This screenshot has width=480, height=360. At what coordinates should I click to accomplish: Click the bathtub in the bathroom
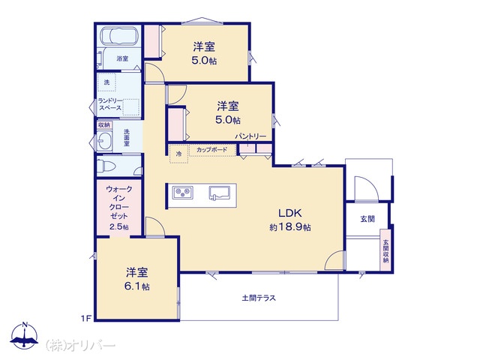click(x=118, y=36)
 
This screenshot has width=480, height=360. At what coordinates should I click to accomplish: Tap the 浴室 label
click(x=122, y=58)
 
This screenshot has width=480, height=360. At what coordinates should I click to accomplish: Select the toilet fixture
click(x=106, y=166)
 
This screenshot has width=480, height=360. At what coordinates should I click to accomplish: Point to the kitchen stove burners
click(x=182, y=192)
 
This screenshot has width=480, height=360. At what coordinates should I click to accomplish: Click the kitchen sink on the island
click(x=220, y=193)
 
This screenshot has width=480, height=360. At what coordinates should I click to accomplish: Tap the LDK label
click(x=290, y=213)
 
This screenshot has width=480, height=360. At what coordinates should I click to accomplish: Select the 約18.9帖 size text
click(x=290, y=227)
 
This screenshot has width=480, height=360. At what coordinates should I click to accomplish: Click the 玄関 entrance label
click(x=367, y=219)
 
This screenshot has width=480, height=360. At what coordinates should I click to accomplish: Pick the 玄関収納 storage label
click(x=385, y=250)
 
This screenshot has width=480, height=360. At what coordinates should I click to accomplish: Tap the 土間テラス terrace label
click(x=259, y=298)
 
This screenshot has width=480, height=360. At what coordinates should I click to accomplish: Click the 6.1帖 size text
click(x=136, y=286)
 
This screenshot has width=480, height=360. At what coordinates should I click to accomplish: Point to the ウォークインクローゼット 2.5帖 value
click(x=119, y=226)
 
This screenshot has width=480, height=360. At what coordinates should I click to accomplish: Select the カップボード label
click(x=211, y=150)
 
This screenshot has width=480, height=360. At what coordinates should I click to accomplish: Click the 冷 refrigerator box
click(x=178, y=154)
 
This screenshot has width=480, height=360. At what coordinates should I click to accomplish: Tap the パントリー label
click(x=250, y=136)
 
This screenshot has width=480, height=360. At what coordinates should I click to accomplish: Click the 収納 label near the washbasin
click(x=104, y=125)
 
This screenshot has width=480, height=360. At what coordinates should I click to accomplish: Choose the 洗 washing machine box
click(x=106, y=82)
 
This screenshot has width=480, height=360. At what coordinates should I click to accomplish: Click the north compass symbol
click(x=25, y=336)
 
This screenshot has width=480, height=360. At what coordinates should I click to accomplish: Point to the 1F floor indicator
click(x=86, y=318)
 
